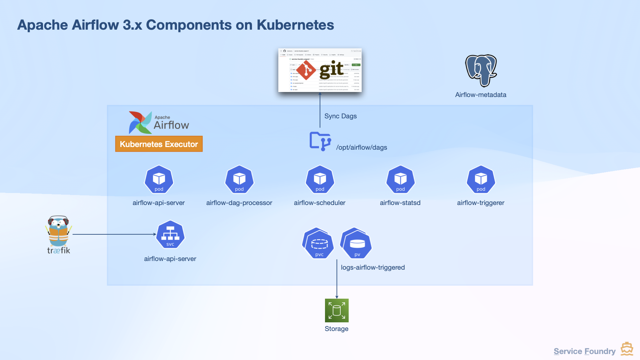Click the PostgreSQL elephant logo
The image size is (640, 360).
(x=481, y=70)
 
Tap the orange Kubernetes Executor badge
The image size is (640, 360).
(x=159, y=144)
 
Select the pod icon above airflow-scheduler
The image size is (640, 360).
(x=320, y=179)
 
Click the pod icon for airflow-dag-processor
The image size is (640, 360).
(x=239, y=179)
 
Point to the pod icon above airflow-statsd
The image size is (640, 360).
(x=400, y=179)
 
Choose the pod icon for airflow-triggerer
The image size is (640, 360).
(x=481, y=179)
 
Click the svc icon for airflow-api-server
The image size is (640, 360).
(x=170, y=235)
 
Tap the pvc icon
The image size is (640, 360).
(x=318, y=244)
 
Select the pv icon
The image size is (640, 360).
(x=356, y=244)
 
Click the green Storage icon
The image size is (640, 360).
(x=337, y=310)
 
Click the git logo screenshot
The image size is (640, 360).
(x=320, y=70)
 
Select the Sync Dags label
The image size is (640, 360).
(x=340, y=116)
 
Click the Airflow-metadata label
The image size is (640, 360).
(x=480, y=95)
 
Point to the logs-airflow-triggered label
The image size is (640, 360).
(x=373, y=267)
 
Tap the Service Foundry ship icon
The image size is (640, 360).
(x=627, y=349)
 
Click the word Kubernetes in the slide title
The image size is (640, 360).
(x=295, y=25)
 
